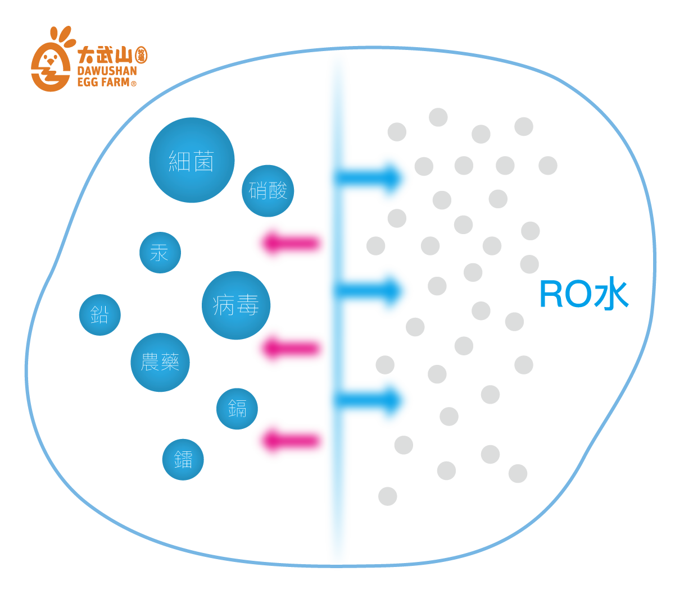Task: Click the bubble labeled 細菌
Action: (x=192, y=160)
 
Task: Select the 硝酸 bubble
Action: (x=268, y=191)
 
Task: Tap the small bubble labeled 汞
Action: (x=160, y=253)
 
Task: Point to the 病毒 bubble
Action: (x=236, y=305)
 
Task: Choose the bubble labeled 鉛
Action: (x=100, y=315)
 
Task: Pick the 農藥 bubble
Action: (x=160, y=363)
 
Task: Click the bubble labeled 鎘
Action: (x=237, y=409)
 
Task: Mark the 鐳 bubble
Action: (x=183, y=460)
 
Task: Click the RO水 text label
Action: (x=583, y=295)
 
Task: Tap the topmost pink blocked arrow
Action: (x=287, y=243)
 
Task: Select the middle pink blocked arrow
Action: (x=287, y=348)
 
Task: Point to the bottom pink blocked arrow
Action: (x=287, y=441)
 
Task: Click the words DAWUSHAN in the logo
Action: (x=107, y=71)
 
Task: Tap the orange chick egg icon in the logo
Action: (x=51, y=62)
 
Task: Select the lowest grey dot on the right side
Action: (x=388, y=496)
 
